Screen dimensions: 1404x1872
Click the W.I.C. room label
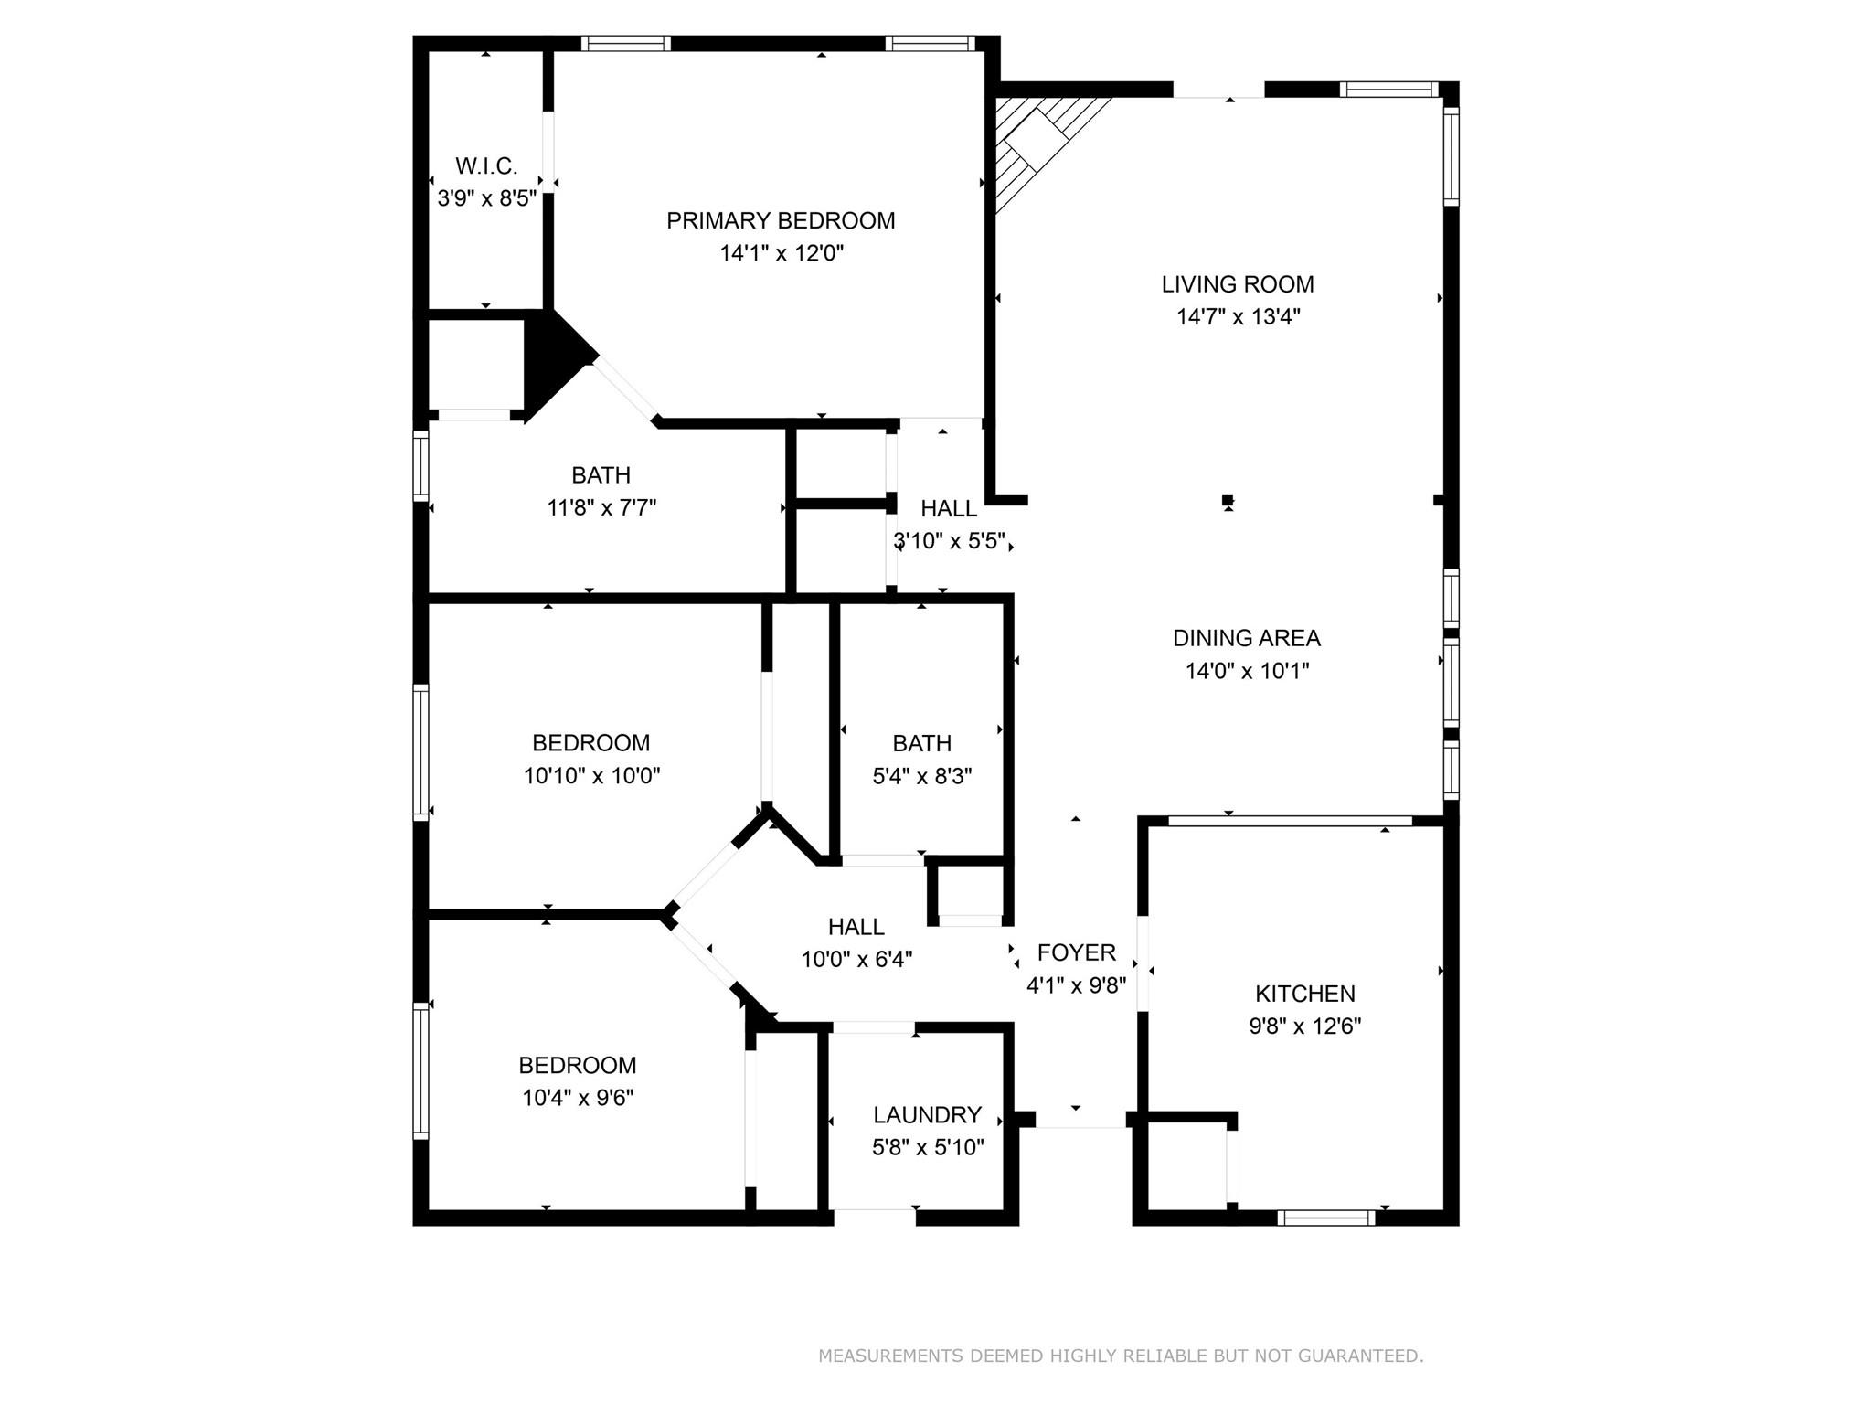(x=486, y=166)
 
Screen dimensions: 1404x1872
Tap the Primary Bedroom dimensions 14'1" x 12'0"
(x=781, y=253)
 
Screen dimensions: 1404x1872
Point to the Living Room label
(x=1238, y=284)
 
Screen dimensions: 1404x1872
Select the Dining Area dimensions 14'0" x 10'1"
(x=1247, y=671)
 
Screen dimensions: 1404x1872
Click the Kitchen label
(x=1304, y=994)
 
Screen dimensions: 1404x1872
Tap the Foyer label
(x=1076, y=952)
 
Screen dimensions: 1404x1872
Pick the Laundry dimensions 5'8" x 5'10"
(x=927, y=1147)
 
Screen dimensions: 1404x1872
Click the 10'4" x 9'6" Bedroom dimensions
(x=578, y=1098)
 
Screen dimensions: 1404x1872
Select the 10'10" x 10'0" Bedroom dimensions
(x=591, y=776)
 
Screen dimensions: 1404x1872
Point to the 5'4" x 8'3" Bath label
(x=921, y=743)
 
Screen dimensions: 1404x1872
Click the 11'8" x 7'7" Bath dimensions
(x=601, y=507)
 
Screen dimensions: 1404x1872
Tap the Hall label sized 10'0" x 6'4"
(x=856, y=927)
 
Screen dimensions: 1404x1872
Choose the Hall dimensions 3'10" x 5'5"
(x=949, y=541)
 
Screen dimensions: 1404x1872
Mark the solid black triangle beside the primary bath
(x=552, y=359)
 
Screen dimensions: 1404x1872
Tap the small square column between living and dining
(x=1228, y=499)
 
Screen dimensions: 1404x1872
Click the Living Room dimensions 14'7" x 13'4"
(x=1238, y=317)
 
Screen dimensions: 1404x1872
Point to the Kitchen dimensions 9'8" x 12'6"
(x=1304, y=1026)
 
